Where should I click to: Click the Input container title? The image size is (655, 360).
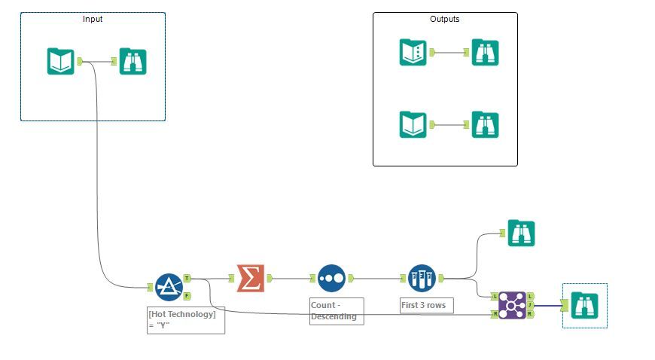coord(93,20)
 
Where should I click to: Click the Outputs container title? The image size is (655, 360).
coord(444,20)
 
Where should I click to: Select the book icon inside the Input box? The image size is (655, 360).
coord(61,61)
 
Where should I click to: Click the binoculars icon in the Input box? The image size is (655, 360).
coord(133,61)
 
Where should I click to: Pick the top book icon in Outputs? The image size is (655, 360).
coord(413,53)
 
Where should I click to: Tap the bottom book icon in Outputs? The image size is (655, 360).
coord(413,124)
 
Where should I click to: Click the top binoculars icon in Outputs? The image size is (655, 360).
coord(485,53)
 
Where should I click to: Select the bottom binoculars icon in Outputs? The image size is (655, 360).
coord(485,124)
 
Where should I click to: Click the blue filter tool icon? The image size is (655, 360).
coord(169,287)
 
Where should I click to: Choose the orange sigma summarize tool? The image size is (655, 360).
coord(251,278)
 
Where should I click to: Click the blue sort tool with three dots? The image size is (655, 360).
coord(331,278)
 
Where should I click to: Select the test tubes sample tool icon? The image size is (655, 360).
coord(422,278)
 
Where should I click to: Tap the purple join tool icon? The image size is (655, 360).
coord(512,304)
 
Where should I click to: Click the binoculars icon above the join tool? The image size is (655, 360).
coord(521,233)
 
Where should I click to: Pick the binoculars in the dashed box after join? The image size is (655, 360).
coord(584,305)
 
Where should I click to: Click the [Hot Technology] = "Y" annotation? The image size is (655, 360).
coord(185,319)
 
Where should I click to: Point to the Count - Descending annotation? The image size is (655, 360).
coord(337,311)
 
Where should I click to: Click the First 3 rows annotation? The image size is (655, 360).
coord(426,306)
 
